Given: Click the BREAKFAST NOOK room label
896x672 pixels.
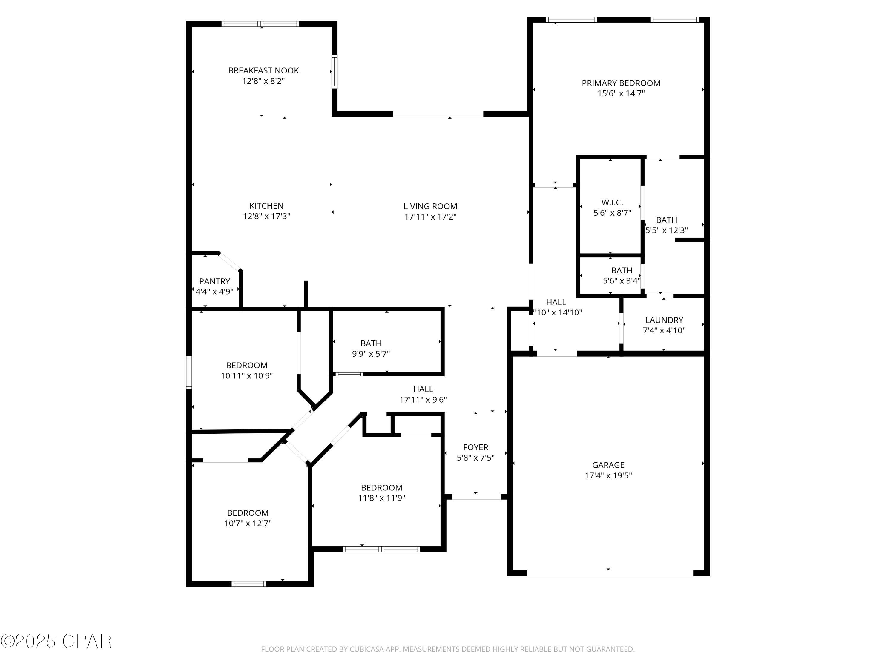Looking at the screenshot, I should pyautogui.click(x=263, y=70).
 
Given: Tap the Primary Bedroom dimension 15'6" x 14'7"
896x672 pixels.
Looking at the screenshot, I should pyautogui.click(x=621, y=93).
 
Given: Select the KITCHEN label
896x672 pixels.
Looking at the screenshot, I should pyautogui.click(x=266, y=206).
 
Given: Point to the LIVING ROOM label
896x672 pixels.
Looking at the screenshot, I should pyautogui.click(x=430, y=206).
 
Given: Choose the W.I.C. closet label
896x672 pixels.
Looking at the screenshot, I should pyautogui.click(x=612, y=202).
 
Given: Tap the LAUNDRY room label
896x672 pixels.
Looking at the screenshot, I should pyautogui.click(x=664, y=320).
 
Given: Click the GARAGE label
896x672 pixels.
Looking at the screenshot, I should pyautogui.click(x=608, y=465).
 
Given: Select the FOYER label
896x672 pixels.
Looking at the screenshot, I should pyautogui.click(x=475, y=447).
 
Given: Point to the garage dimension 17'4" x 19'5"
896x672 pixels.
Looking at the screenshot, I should pyautogui.click(x=608, y=475).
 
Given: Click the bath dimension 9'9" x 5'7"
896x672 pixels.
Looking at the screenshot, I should pyautogui.click(x=371, y=354).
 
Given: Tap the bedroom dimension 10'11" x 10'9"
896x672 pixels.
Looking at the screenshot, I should pyautogui.click(x=247, y=375).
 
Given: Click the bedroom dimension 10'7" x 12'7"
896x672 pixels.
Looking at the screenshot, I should pyautogui.click(x=248, y=523).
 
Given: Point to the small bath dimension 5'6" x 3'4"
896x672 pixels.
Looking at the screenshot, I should pyautogui.click(x=621, y=280).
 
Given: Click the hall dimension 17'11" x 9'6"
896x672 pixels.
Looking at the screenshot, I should pyautogui.click(x=423, y=399).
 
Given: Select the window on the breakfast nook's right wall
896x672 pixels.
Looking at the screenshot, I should pyautogui.click(x=334, y=72).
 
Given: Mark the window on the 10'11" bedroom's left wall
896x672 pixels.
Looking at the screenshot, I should pyautogui.click(x=189, y=372).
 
